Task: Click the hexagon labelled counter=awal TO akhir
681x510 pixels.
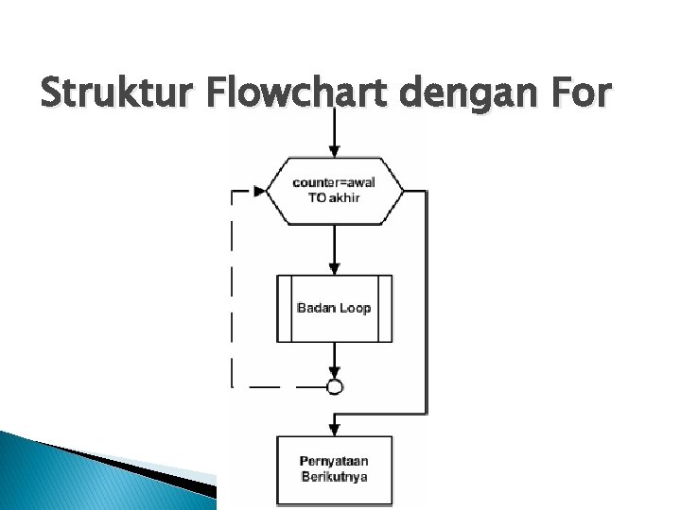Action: pos(334,191)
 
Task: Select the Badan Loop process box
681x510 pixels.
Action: pos(334,308)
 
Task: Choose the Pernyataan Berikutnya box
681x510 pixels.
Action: pos(334,468)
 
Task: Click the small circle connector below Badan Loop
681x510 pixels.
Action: pos(334,386)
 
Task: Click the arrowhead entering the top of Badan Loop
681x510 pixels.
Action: pos(334,268)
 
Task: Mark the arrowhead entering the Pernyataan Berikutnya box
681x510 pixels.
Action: pos(334,429)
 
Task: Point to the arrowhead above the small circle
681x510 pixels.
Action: pos(334,372)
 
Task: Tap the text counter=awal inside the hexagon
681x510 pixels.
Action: pos(334,183)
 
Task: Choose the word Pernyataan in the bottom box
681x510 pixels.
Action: pos(334,461)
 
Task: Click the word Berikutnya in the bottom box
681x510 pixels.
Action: pos(334,476)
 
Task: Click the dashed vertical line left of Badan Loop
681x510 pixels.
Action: pos(233,293)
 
